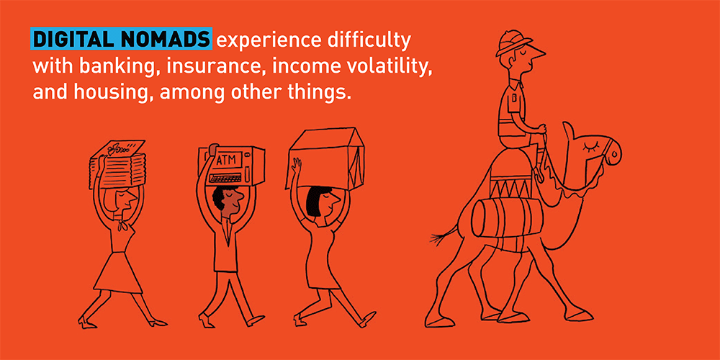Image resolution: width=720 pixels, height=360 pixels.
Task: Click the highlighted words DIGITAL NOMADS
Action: pos(121,40)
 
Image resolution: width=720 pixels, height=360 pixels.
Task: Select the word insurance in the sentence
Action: pos(216,66)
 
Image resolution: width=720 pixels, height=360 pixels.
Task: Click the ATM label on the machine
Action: pos(225,161)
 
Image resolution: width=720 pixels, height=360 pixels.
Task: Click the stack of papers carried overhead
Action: pos(117,165)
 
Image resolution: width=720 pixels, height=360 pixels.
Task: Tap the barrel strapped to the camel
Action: pos(506,217)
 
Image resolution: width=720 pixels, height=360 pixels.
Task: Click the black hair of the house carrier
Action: pos(314,202)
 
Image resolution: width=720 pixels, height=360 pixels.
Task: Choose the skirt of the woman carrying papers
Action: pos(119,272)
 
